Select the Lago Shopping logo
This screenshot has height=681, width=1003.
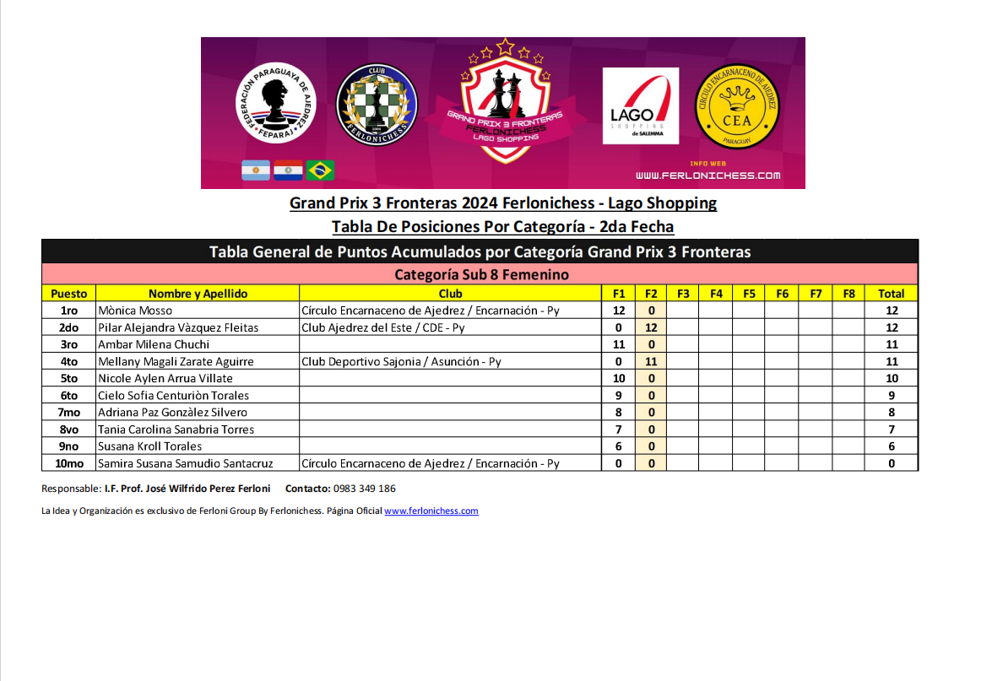(x=640, y=106)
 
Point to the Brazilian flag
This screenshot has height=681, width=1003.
(x=320, y=170)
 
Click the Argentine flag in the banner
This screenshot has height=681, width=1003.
(x=256, y=170)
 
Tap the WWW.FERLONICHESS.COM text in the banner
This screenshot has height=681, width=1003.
(x=708, y=176)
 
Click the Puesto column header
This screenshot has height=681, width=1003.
(x=69, y=294)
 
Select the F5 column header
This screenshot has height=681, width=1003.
(x=749, y=294)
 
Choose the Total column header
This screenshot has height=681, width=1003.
(x=891, y=294)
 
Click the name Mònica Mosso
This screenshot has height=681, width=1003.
(x=135, y=311)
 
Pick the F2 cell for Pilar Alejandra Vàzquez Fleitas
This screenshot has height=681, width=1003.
(x=651, y=327)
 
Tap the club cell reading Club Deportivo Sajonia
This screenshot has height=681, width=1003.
(x=401, y=361)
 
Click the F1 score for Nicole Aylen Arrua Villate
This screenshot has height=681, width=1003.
(x=618, y=378)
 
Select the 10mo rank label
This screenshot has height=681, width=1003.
(x=69, y=463)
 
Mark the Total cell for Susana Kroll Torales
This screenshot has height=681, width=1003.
(x=891, y=446)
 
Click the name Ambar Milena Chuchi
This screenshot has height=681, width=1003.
(x=154, y=344)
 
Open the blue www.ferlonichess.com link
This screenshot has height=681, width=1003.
(x=431, y=511)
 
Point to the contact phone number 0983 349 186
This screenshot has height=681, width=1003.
(x=366, y=489)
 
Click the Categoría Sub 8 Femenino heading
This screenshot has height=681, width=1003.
(x=481, y=275)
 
